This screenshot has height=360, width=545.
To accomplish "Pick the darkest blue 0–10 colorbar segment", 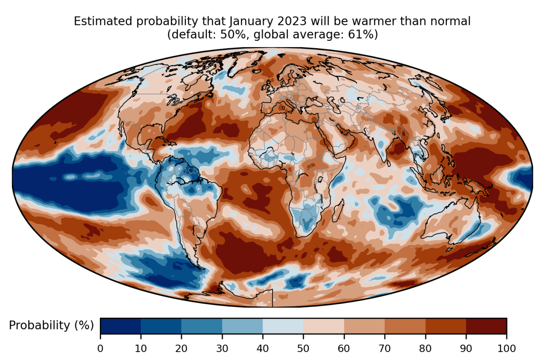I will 120,326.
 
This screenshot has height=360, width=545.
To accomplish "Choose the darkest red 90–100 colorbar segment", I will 486,326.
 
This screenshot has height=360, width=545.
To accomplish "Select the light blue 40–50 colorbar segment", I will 283,326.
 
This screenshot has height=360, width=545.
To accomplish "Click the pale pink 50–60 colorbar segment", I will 323,326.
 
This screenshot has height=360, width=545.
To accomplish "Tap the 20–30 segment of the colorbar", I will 202,326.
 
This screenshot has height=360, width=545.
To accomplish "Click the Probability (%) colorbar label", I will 51,325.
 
